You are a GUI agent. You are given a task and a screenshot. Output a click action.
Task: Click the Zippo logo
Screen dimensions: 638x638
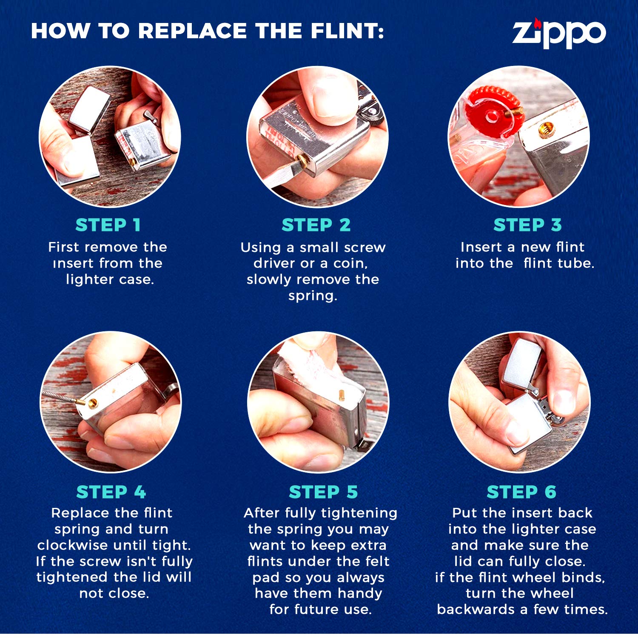(x=558, y=33)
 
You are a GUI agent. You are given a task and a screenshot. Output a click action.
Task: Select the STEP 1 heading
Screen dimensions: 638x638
(x=108, y=225)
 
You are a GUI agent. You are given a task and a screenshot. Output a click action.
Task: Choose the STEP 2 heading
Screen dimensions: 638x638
(x=316, y=225)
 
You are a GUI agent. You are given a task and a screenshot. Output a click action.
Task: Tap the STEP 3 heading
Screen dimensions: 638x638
(x=527, y=225)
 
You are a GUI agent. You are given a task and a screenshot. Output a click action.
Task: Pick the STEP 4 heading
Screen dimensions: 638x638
(x=111, y=492)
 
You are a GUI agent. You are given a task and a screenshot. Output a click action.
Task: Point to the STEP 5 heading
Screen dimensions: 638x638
(x=323, y=492)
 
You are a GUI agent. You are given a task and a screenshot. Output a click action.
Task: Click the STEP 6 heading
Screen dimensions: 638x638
(x=521, y=492)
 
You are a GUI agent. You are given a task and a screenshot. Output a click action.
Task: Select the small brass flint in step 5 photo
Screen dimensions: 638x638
(x=341, y=394)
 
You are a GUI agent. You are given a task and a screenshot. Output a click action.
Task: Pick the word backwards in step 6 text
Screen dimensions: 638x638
(x=476, y=610)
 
